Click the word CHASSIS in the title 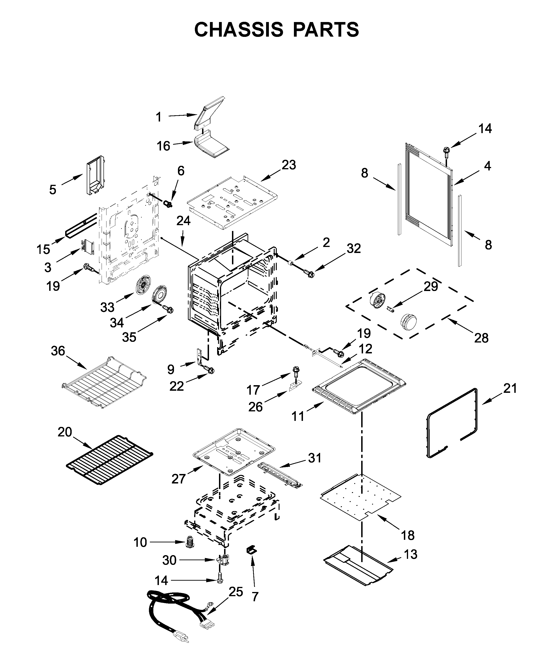(x=238, y=30)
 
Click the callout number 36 (x=58, y=351)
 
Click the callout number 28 (x=481, y=338)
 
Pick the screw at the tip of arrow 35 (x=168, y=309)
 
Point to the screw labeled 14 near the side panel (x=446, y=151)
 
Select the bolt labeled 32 (x=310, y=274)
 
